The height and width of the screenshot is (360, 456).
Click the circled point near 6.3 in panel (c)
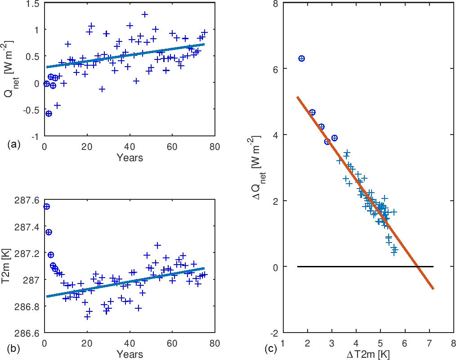(301, 58)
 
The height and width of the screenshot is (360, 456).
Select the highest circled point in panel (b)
(46, 207)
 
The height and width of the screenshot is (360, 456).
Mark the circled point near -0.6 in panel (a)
(49, 113)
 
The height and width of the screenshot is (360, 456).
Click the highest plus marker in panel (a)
(145, 14)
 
